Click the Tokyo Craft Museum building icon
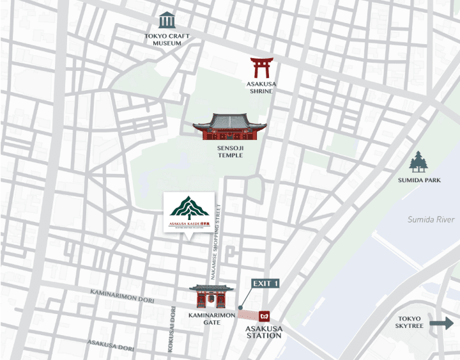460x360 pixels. pyautogui.click(x=167, y=20)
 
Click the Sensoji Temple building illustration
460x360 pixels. pyautogui.click(x=229, y=127)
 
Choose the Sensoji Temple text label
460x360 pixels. pyautogui.click(x=229, y=152)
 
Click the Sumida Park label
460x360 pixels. pyautogui.click(x=418, y=180)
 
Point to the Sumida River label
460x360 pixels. pyautogui.click(x=431, y=219)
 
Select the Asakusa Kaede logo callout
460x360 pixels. pyautogui.click(x=188, y=213)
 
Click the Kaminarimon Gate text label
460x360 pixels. pyautogui.click(x=211, y=319)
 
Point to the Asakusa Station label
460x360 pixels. pyautogui.click(x=264, y=332)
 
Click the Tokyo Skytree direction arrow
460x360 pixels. pyautogui.click(x=441, y=324)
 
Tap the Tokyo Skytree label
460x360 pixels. pyautogui.click(x=410, y=323)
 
